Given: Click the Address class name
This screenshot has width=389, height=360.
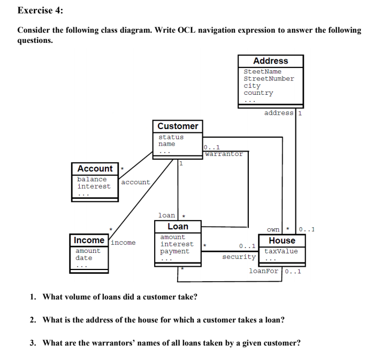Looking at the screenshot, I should coord(270,61).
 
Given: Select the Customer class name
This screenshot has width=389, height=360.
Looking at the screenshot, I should coord(178,126).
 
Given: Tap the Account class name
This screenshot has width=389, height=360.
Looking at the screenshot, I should coord(95,169).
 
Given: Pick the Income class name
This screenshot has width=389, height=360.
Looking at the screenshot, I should coord(89,240).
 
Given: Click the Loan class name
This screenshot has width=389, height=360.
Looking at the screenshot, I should coord(178,227).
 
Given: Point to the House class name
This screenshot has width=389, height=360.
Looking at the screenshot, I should coord(282,241).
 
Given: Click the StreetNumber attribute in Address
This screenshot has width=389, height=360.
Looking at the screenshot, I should coord(269,79).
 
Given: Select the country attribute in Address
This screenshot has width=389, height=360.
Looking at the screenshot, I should coord(258,93).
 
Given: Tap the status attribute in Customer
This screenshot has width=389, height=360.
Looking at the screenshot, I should coord(171,137).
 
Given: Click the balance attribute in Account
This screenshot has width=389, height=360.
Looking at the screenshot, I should coord(91,179).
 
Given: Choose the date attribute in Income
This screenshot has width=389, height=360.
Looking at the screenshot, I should coord(83,258).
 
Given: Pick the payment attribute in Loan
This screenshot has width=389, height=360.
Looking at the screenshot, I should coord(174,251).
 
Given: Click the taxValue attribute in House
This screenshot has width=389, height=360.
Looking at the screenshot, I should coord(281,251).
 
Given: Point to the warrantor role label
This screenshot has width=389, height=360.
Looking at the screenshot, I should coord(224,154).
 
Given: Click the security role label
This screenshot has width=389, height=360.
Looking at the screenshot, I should coord(239,257).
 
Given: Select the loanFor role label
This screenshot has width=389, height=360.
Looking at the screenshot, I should coord(264,271).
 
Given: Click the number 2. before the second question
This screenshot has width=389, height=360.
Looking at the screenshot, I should coord(33,320).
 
